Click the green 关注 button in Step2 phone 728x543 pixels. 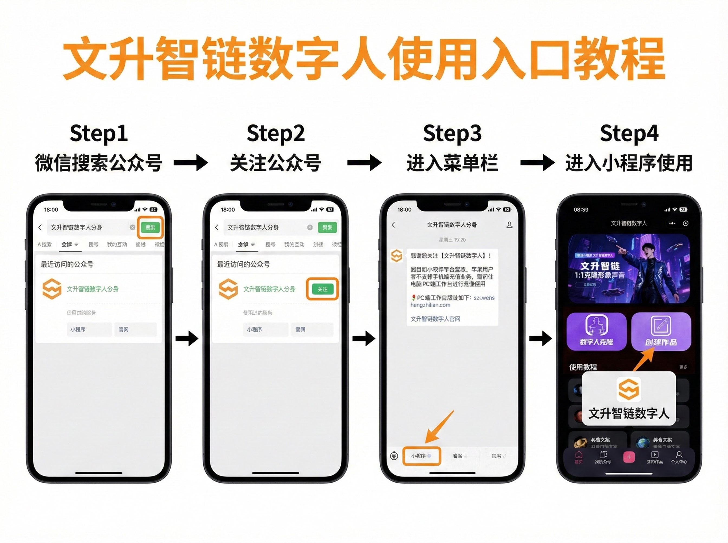click(322, 289)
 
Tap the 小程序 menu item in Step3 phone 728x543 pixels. click(421, 456)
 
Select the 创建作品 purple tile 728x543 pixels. click(661, 331)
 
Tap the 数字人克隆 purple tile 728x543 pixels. click(596, 331)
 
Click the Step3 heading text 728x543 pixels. click(452, 133)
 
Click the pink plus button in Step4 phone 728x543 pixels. click(629, 457)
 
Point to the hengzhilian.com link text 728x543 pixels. click(430, 305)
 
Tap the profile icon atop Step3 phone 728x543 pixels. click(509, 225)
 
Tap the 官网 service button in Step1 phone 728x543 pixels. click(135, 329)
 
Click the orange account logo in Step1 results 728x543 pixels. click(52, 289)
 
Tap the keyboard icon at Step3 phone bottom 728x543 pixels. click(394, 456)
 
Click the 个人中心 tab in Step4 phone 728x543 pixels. click(679, 457)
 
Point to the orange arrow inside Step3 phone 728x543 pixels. click(439, 427)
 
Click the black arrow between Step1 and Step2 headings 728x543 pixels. click(191, 163)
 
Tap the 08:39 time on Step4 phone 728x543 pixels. click(581, 210)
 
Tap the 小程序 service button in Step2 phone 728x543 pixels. click(265, 329)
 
